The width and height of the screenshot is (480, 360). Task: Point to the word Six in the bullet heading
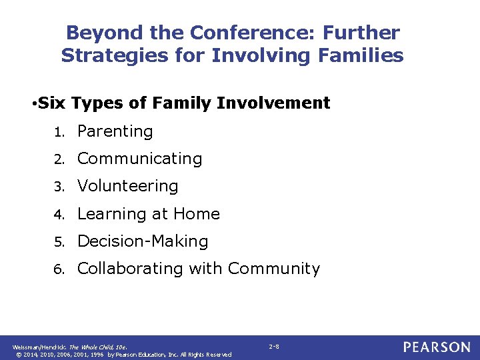52,103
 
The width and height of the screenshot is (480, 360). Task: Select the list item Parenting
115,131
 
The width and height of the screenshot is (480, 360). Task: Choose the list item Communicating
139,159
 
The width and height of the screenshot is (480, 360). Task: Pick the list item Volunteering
127,186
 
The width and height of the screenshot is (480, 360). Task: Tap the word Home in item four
196,213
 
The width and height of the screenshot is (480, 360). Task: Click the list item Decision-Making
143,241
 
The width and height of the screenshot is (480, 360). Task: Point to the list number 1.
59,133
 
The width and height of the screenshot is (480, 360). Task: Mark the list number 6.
59,269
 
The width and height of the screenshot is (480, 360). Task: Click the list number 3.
59,187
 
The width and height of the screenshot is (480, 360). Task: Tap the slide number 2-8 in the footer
274,347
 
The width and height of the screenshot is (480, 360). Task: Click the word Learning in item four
109,214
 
